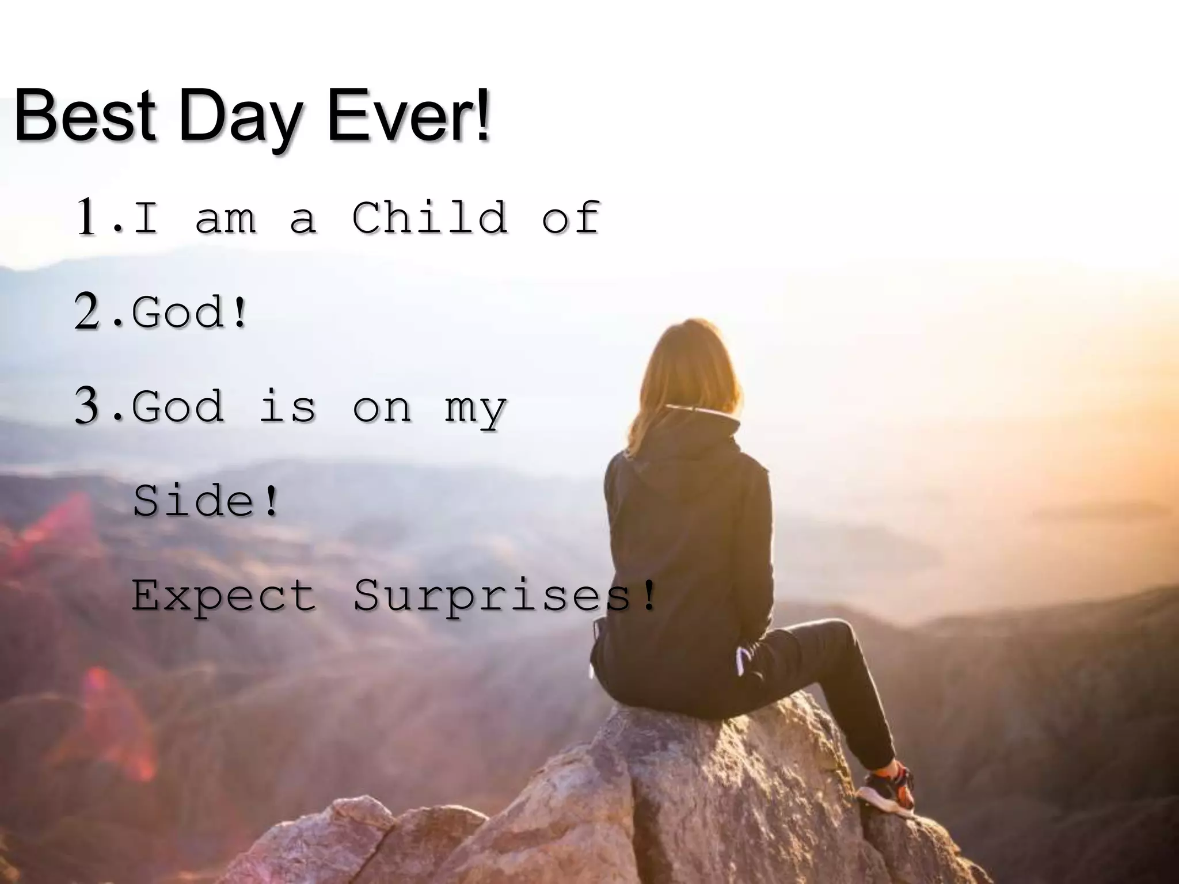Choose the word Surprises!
coord(504,595)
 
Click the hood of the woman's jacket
coord(691,460)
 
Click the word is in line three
coord(288,406)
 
